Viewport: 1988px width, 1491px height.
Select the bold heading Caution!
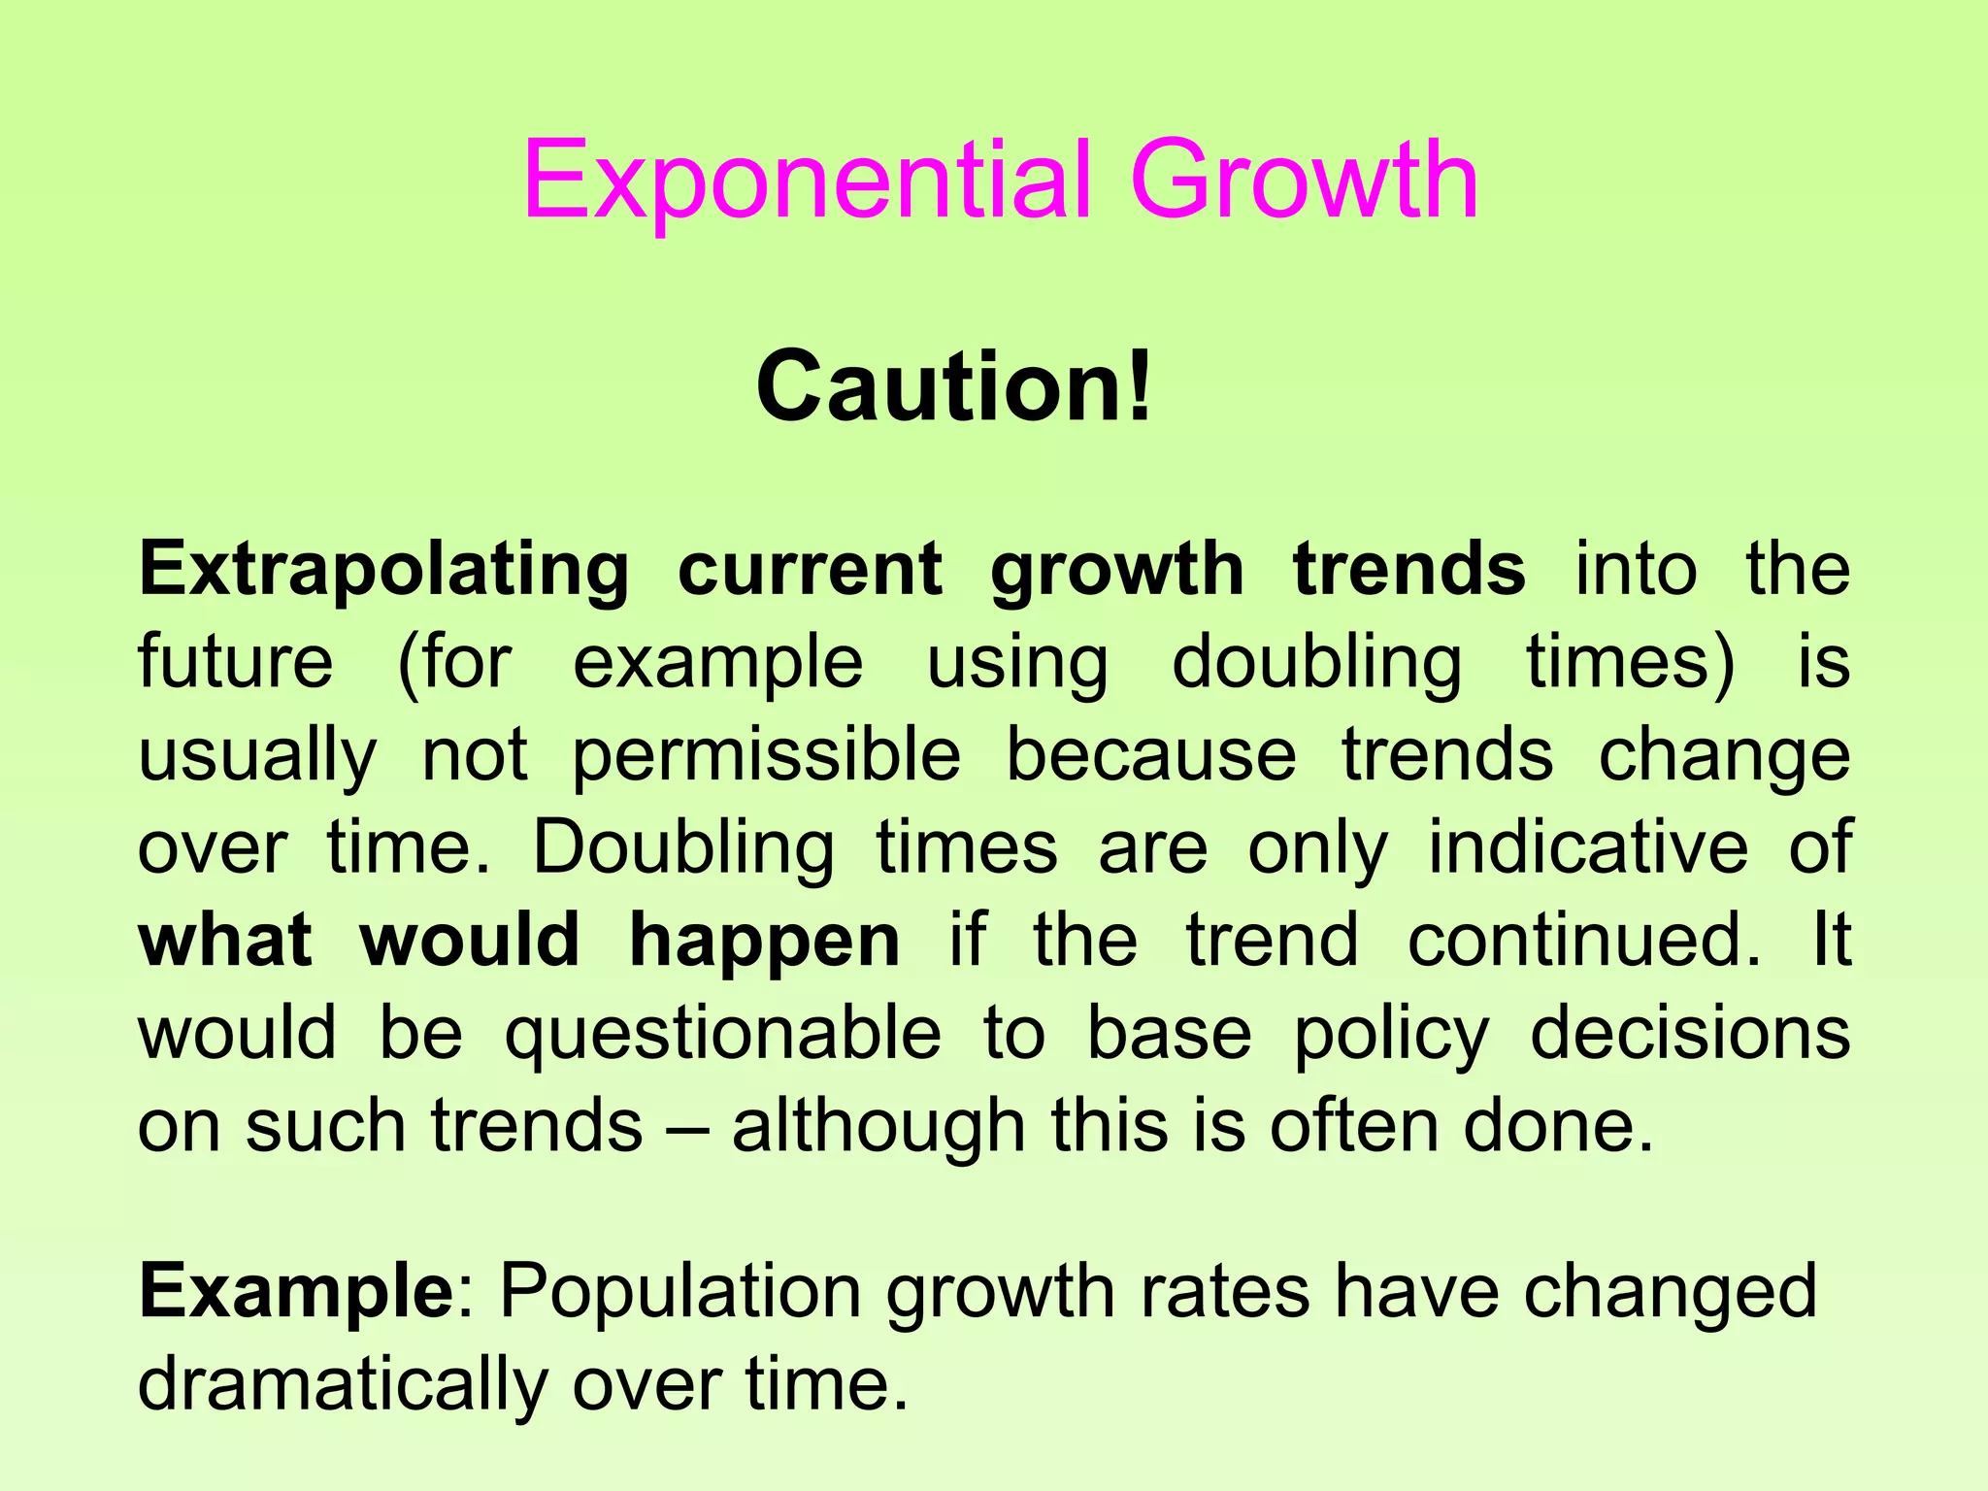tap(954, 387)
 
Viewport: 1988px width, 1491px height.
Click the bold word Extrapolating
tap(383, 571)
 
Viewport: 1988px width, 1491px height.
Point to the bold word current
tap(810, 571)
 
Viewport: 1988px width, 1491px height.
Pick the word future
tap(236, 662)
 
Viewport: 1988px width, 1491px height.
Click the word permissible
tap(766, 757)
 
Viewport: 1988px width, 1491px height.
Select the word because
tap(1150, 755)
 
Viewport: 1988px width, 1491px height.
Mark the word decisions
tap(1690, 1033)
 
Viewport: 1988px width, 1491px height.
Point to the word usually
tap(257, 757)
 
